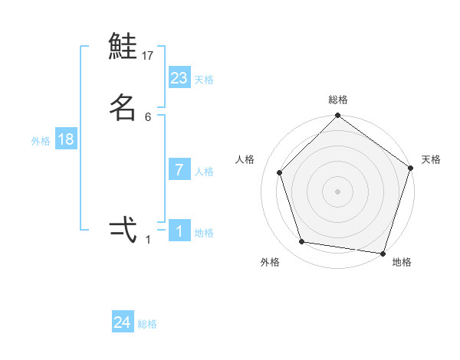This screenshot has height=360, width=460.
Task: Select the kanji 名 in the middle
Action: (123, 107)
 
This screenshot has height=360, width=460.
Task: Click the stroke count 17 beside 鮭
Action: (148, 56)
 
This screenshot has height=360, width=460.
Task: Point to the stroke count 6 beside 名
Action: (148, 116)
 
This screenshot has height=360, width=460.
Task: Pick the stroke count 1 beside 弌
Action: (148, 240)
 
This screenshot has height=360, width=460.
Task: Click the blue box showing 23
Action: (179, 77)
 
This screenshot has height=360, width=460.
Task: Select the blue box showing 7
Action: (179, 169)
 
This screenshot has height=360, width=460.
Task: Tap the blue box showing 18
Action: (65, 139)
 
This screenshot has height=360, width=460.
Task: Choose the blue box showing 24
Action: (123, 322)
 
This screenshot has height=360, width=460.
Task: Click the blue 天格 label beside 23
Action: (204, 80)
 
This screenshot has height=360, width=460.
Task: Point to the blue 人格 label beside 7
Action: (204, 172)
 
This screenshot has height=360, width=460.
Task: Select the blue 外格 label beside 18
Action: (41, 141)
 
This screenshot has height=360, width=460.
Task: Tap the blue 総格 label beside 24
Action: (147, 324)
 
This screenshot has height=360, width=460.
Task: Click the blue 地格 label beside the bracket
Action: (204, 233)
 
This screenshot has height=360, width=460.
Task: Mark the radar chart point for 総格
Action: (337, 117)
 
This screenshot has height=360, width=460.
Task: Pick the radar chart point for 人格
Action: (280, 172)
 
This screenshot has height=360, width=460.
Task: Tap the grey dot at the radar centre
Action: (337, 191)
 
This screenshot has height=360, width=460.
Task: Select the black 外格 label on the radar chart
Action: (270, 262)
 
